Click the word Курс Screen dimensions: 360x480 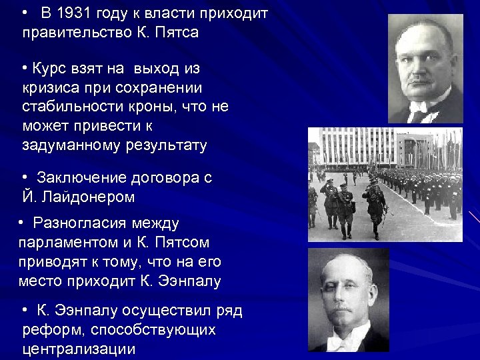tap(48, 69)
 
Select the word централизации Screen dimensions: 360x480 tap(79, 349)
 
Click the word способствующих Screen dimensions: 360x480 tap(153, 330)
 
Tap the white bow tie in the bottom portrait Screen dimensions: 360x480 tap(347, 343)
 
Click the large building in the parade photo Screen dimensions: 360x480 tap(360, 147)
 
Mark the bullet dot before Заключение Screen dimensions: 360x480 tap(24, 177)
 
